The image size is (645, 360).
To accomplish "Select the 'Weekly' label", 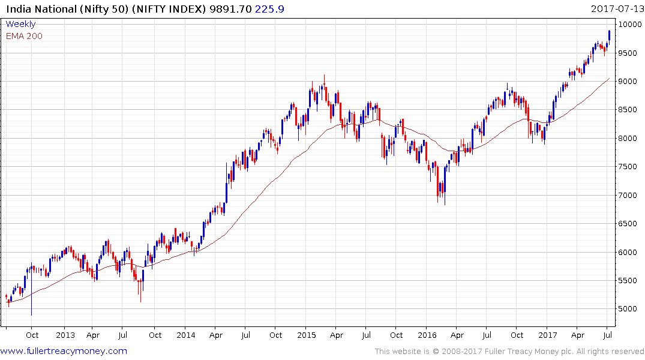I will tap(20, 24).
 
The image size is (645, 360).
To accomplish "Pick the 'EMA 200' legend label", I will tap(24, 35).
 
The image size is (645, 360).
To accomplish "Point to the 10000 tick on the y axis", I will tap(631, 25).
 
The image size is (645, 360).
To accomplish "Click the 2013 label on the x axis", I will tap(65, 335).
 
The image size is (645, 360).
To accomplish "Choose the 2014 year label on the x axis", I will tap(186, 335).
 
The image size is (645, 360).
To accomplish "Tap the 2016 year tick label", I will tap(427, 335).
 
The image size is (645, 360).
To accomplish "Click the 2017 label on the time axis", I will tap(548, 335).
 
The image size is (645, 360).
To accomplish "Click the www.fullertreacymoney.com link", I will tap(64, 351).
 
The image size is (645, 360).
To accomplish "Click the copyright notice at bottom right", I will tap(509, 351).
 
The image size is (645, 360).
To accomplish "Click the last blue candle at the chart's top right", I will tap(610, 35).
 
